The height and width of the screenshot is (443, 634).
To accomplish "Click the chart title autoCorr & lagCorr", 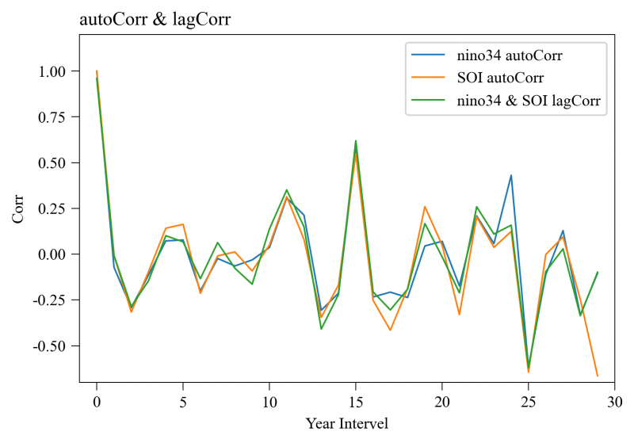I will coord(155,21).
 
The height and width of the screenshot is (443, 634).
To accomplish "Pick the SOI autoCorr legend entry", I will coord(499,78).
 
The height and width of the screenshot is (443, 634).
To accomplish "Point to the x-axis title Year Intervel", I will coord(347,423).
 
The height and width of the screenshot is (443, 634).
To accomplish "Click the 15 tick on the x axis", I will coord(356,401).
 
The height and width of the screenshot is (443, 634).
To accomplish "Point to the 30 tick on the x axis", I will coord(615,401).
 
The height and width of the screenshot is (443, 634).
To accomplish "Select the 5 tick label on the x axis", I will coord(183,401).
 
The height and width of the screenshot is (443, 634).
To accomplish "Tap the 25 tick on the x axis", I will coord(529,401).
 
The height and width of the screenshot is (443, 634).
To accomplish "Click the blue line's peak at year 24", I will coord(511,175).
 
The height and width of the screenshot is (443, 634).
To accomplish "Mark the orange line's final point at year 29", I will coord(598,376).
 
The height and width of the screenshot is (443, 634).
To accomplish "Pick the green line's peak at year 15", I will coord(356,141).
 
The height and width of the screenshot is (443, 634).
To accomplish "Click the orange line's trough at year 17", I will coord(390,330).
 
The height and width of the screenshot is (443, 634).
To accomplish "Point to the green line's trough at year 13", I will coord(321,329).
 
